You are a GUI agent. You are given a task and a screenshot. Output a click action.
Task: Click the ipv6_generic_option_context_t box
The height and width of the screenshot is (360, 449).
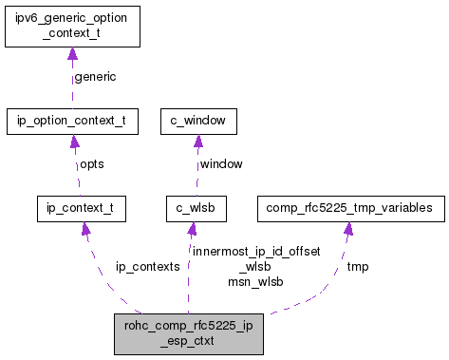click(72, 27)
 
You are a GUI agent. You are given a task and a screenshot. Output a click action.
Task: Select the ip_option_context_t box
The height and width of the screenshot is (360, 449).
click(72, 121)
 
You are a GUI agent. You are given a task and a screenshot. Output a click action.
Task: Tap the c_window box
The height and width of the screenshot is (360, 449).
click(197, 121)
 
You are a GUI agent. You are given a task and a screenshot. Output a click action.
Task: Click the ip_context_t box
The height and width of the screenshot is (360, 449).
click(81, 206)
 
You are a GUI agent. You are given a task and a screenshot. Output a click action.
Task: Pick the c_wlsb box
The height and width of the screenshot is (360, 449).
click(192, 206)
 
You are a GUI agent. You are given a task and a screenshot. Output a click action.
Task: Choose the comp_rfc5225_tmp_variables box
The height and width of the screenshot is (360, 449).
click(348, 206)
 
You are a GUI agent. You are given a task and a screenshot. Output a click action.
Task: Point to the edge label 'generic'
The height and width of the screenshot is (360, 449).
click(95, 77)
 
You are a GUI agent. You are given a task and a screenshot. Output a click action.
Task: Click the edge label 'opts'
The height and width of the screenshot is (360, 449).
click(91, 163)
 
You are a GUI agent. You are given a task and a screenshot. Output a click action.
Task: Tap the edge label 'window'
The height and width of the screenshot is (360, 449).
click(220, 163)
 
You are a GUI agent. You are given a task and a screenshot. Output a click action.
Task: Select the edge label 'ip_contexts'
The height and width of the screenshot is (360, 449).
click(147, 267)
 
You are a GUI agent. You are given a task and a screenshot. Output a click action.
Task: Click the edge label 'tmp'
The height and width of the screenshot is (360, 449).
click(357, 267)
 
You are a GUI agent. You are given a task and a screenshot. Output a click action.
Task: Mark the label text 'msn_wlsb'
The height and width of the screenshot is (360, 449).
click(255, 281)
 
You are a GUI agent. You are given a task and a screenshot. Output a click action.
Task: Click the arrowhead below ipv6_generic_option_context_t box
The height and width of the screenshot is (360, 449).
click(72, 55)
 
